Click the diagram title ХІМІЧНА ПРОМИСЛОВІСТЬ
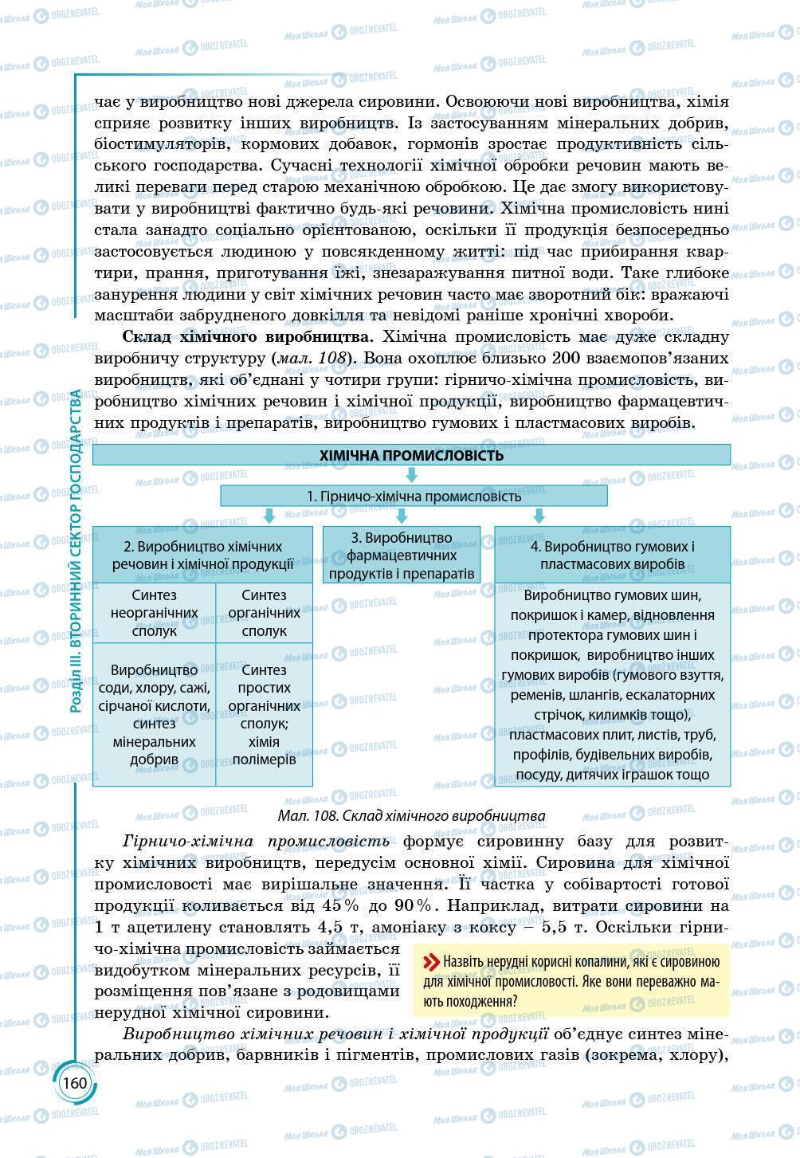(x=411, y=455)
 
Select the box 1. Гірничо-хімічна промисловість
(x=414, y=496)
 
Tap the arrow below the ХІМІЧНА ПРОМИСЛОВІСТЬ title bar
(x=412, y=475)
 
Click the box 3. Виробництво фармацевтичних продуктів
(x=402, y=555)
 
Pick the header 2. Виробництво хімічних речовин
(x=202, y=555)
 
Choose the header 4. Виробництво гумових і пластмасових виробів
(x=612, y=555)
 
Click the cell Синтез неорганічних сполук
(x=155, y=613)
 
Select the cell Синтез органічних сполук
(x=264, y=613)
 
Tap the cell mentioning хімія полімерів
(x=264, y=750)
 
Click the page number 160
(x=74, y=1083)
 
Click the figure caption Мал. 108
(x=411, y=815)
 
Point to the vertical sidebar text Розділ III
(x=76, y=550)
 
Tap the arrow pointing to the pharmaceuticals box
(x=402, y=516)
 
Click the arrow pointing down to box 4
(x=539, y=516)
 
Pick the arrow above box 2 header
(x=270, y=516)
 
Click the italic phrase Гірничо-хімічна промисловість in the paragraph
(x=257, y=841)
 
